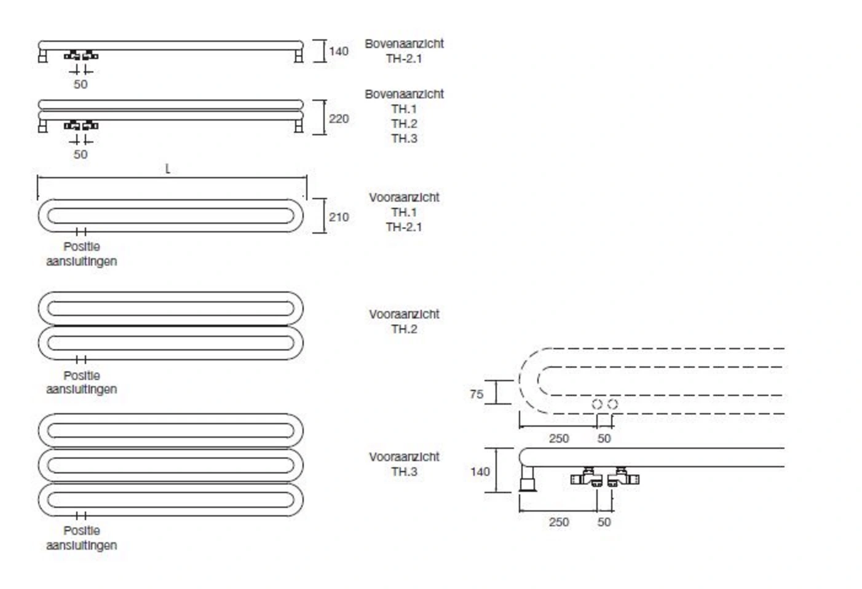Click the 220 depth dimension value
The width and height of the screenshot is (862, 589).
pos(339,119)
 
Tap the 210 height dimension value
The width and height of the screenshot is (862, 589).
pos(339,218)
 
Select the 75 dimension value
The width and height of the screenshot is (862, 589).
pos(476,394)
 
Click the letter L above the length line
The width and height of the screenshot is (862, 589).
pos(167,169)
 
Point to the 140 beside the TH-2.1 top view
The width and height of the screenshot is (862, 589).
pos(339,51)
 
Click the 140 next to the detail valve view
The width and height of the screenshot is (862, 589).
pos(480,472)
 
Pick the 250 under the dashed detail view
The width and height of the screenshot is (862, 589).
pos(559,438)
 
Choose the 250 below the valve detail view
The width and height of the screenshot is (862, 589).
pos(559,522)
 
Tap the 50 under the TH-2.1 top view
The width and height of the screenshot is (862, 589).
pos(81,84)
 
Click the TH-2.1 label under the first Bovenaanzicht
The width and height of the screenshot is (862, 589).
pos(404,59)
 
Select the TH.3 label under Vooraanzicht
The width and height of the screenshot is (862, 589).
pos(404,472)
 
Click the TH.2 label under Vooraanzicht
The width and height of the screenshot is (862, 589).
pos(404,330)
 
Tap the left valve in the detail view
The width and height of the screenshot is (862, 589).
pos(587,478)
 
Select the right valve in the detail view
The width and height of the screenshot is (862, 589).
pos(623,478)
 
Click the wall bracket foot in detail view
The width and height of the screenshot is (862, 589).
pos(527,479)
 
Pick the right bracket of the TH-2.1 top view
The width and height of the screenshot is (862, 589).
pos(299,55)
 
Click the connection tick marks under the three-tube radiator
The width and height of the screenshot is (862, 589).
pos(81,515)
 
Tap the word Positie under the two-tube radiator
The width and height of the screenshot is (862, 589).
pos(82,376)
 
